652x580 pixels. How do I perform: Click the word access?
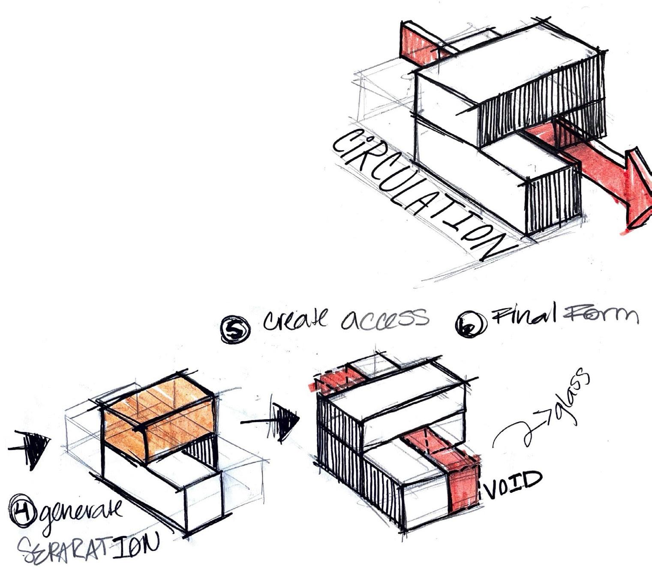(x=384, y=318)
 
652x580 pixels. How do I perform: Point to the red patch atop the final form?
(x=337, y=380)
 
